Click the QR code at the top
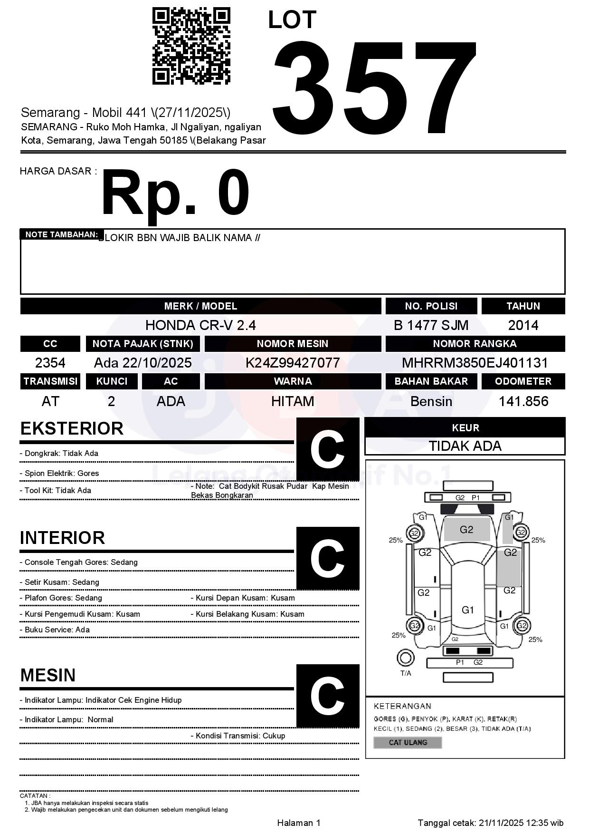[191, 46]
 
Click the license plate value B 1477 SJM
[431, 325]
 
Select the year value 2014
[523, 325]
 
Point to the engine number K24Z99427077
[293, 363]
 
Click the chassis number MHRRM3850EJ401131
[475, 363]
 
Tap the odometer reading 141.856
[523, 402]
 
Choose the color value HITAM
[293, 402]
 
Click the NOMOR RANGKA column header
[475, 344]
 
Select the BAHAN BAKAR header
[431, 381]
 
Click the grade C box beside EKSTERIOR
[327, 449]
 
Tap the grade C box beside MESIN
[327, 696]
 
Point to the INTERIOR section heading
[62, 538]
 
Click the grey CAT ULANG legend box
[408, 742]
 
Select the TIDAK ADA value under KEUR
[465, 446]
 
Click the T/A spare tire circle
[405, 658]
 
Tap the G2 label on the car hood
[466, 530]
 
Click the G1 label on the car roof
[468, 610]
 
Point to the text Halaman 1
[299, 823]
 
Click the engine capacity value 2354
[50, 363]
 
